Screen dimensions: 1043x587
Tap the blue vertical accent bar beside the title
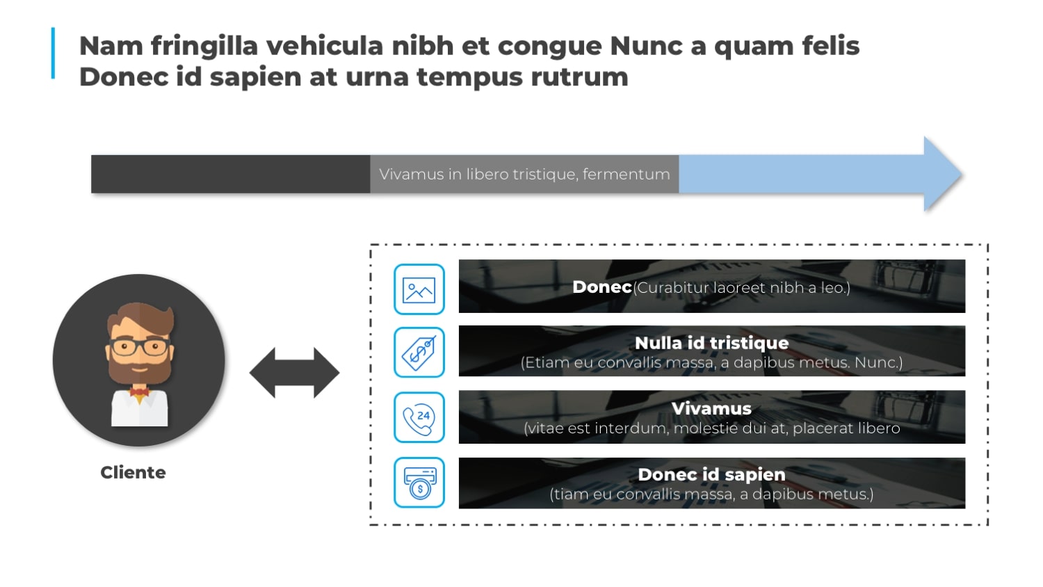pyautogui.click(x=53, y=53)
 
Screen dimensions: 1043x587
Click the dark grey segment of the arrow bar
pyautogui.click(x=230, y=175)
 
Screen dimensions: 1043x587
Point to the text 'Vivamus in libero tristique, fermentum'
pyautogui.click(x=524, y=175)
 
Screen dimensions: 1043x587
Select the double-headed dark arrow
pyautogui.click(x=294, y=373)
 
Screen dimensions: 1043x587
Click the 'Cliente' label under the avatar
pyautogui.click(x=134, y=472)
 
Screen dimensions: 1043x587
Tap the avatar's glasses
pyautogui.click(x=140, y=347)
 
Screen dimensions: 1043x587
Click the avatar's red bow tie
pyautogui.click(x=139, y=392)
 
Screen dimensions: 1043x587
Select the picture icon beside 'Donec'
pyautogui.click(x=419, y=289)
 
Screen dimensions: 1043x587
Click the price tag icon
pyautogui.click(x=419, y=353)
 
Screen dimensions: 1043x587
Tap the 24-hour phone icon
pyautogui.click(x=419, y=417)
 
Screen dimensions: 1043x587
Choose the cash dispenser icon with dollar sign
pyautogui.click(x=419, y=483)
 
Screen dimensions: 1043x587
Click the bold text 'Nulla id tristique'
pyautogui.click(x=711, y=343)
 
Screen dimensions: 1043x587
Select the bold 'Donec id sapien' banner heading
pyautogui.click(x=711, y=474)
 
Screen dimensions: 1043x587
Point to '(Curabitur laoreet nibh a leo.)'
pyautogui.click(x=741, y=288)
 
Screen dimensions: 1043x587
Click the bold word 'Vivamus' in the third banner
pyautogui.click(x=711, y=408)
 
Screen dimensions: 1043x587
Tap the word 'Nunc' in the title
pyautogui.click(x=646, y=46)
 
